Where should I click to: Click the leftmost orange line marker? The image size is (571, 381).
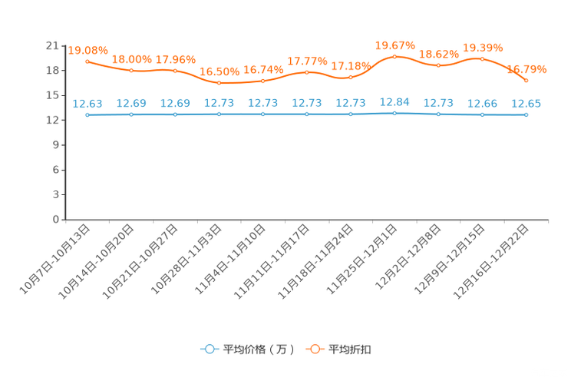[87, 61]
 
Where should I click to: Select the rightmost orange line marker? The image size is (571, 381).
[526, 80]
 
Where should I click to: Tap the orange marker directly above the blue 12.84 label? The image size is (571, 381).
[394, 56]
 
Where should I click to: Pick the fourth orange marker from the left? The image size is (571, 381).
[219, 82]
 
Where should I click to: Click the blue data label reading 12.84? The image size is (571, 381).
[394, 101]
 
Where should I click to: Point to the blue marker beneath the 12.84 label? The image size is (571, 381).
[394, 113]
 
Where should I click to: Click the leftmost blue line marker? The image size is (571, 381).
[87, 115]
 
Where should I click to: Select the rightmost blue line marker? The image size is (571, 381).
[526, 115]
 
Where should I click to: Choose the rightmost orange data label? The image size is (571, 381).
[527, 69]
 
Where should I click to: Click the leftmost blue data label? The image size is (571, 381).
[87, 104]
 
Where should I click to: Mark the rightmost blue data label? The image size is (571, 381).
[526, 104]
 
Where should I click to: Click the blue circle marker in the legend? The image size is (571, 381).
[209, 349]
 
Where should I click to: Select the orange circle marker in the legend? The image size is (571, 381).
[315, 349]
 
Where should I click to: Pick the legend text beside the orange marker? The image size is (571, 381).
[350, 350]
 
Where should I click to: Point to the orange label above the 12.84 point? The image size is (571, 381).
[394, 45]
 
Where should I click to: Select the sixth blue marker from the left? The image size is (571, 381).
[307, 114]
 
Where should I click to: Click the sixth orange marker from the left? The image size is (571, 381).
[307, 72]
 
